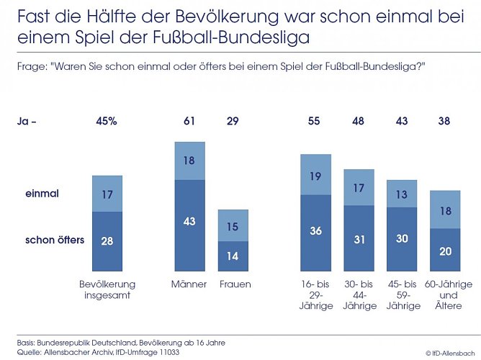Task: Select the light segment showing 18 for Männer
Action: pos(189,161)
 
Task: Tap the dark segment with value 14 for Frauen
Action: pos(233,256)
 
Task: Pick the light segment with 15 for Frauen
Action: pos(233,225)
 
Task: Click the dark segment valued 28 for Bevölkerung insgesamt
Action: pos(107,240)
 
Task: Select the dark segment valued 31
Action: pos(359,238)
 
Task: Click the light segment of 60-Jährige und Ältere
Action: pos(445,210)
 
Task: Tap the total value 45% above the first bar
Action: pos(107,122)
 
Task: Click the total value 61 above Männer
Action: pos(189,122)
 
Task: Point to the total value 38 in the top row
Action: pos(445,122)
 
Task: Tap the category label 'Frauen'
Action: pos(234,284)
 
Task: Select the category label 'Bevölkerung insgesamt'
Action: pos(107,289)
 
